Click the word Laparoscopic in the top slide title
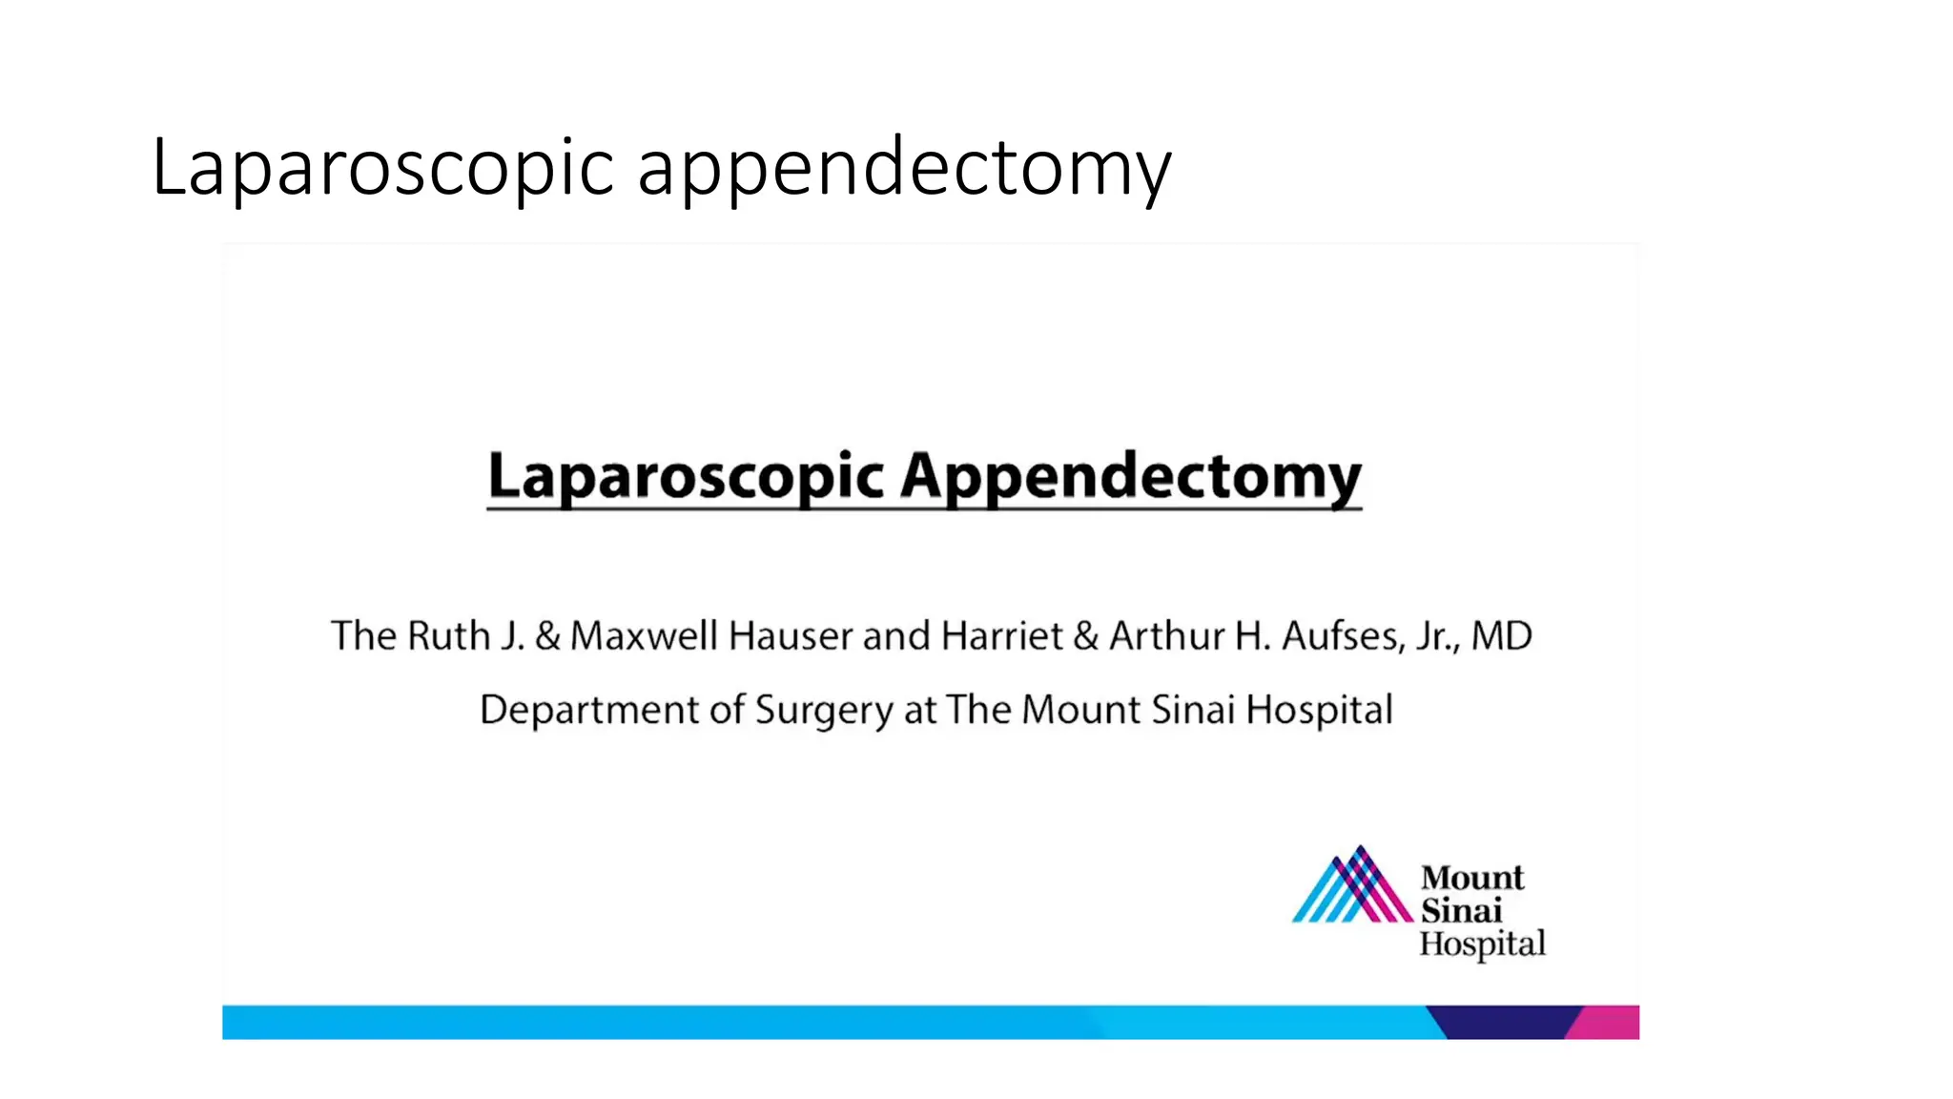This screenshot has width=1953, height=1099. point(382,168)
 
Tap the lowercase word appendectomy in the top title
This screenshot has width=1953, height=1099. point(903,168)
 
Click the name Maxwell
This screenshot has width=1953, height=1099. point(644,636)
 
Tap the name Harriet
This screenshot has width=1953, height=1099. point(1001,636)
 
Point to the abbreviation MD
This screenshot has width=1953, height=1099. point(1501,636)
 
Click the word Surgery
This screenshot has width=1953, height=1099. point(824,711)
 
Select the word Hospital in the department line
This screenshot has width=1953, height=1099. point(1319,711)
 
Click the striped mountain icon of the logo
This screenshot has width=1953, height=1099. point(1353,886)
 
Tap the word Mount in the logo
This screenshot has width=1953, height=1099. point(1472,878)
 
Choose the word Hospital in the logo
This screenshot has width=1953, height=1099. point(1482,944)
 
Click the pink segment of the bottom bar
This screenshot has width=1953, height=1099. point(1609,1023)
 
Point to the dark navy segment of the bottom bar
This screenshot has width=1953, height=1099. point(1507,1023)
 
